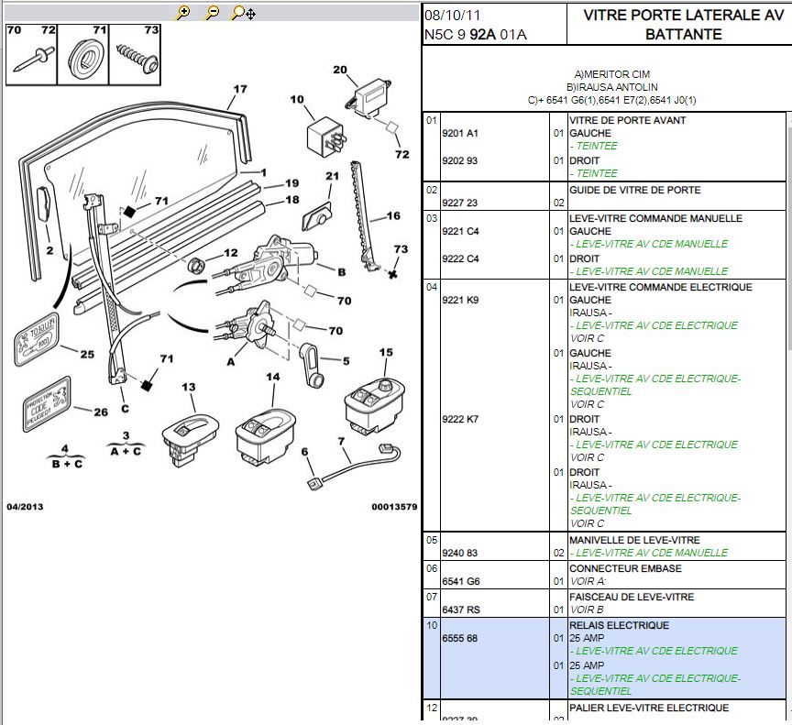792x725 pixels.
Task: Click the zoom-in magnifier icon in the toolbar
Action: click(x=183, y=13)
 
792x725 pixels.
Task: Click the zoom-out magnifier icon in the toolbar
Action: click(x=212, y=13)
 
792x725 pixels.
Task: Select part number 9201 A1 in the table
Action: click(x=460, y=133)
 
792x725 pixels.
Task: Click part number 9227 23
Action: click(x=460, y=203)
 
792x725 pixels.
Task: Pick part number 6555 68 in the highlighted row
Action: click(x=460, y=638)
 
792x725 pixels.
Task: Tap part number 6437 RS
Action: click(x=461, y=610)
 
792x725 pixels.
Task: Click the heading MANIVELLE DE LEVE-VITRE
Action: click(x=634, y=541)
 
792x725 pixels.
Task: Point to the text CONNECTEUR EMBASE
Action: click(x=625, y=568)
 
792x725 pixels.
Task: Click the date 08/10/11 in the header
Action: click(x=452, y=16)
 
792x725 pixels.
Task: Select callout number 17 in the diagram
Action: click(x=240, y=90)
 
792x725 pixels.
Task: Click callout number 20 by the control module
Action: click(x=340, y=70)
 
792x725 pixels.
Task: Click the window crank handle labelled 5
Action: click(x=311, y=365)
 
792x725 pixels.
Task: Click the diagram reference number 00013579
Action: click(x=394, y=507)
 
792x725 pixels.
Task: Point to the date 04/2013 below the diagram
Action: click(x=25, y=507)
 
